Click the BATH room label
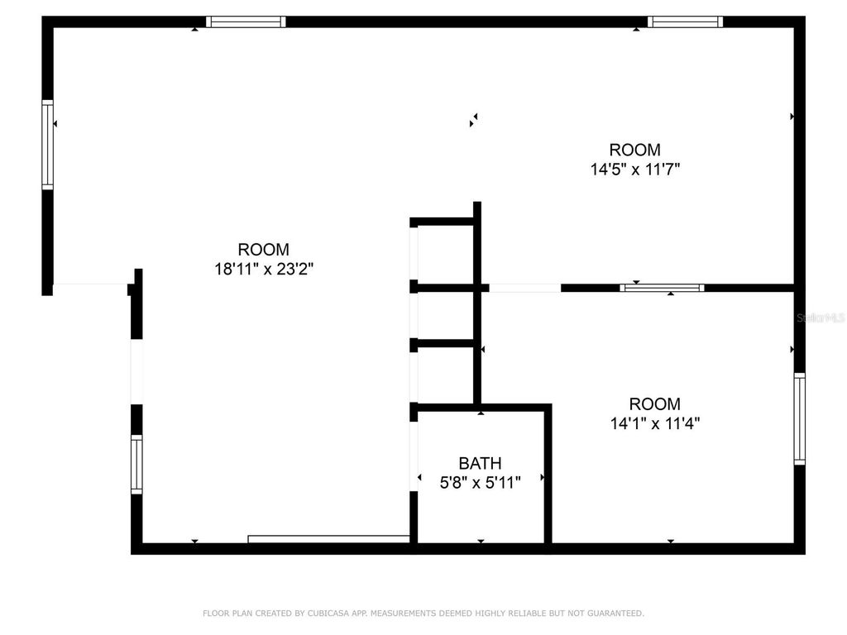pos(480,463)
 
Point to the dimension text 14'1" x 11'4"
pos(654,423)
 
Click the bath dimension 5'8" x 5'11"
pos(480,483)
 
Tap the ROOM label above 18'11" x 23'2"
pos(263,249)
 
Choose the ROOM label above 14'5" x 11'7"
pos(635,150)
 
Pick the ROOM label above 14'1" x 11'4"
pos(654,404)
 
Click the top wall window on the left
pos(246,22)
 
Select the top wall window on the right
pos(685,22)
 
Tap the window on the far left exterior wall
pos(48,146)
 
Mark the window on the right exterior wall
pos(799,418)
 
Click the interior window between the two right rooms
pos(662,288)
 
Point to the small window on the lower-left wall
pos(136,464)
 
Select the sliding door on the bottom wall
pos(329,539)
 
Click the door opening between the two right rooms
pos(525,288)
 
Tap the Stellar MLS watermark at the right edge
pos(820,317)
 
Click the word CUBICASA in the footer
pos(329,614)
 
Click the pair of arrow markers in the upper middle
pos(473,120)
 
